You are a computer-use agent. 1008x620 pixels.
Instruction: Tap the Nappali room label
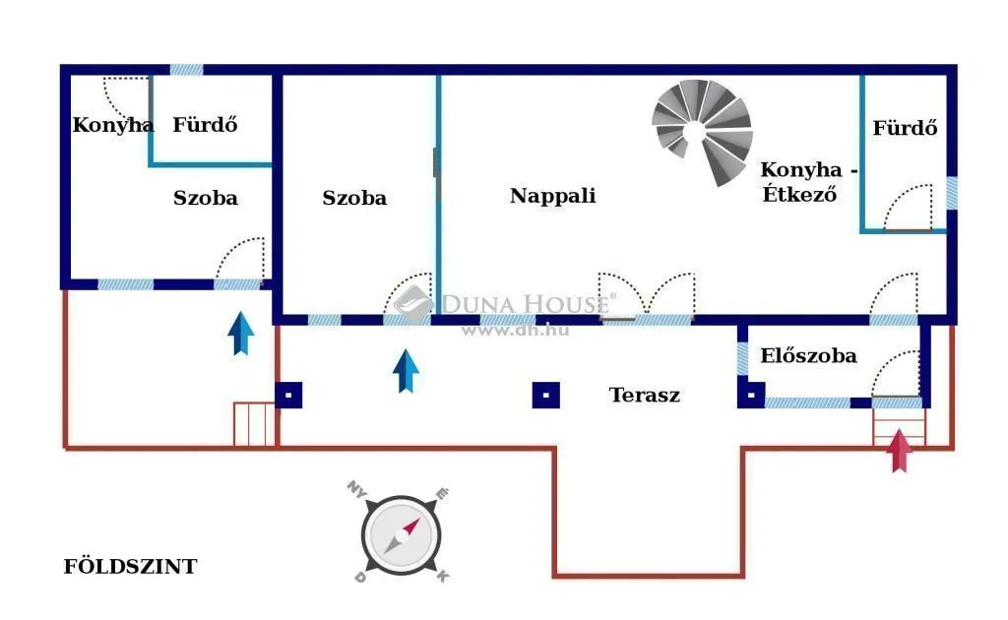pos(553,195)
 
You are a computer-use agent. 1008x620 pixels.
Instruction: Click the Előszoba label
pos(808,355)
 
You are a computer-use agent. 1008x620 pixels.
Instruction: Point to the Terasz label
pos(644,395)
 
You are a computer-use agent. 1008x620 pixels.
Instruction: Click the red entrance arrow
pos(900,451)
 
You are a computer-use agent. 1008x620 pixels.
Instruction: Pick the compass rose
pos(401,533)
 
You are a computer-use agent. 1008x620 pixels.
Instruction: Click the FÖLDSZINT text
pos(131,566)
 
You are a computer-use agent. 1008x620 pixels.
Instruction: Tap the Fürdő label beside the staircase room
pos(905,128)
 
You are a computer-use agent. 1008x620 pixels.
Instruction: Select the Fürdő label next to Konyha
pos(205,124)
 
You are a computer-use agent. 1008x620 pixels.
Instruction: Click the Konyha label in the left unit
pos(112,125)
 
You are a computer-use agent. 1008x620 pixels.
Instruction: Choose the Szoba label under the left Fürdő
pos(205,197)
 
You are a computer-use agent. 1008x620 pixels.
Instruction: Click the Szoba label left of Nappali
pos(354,197)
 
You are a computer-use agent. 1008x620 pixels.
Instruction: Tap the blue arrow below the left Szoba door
pos(241,334)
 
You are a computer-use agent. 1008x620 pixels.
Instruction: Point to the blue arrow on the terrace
pos(406,371)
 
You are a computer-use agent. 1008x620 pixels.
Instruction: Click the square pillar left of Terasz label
pos(545,396)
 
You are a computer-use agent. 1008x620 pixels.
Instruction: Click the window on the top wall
pos(186,70)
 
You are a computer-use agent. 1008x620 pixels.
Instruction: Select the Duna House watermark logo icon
pos(413,304)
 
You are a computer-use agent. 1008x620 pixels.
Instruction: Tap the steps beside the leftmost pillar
pos(254,424)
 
